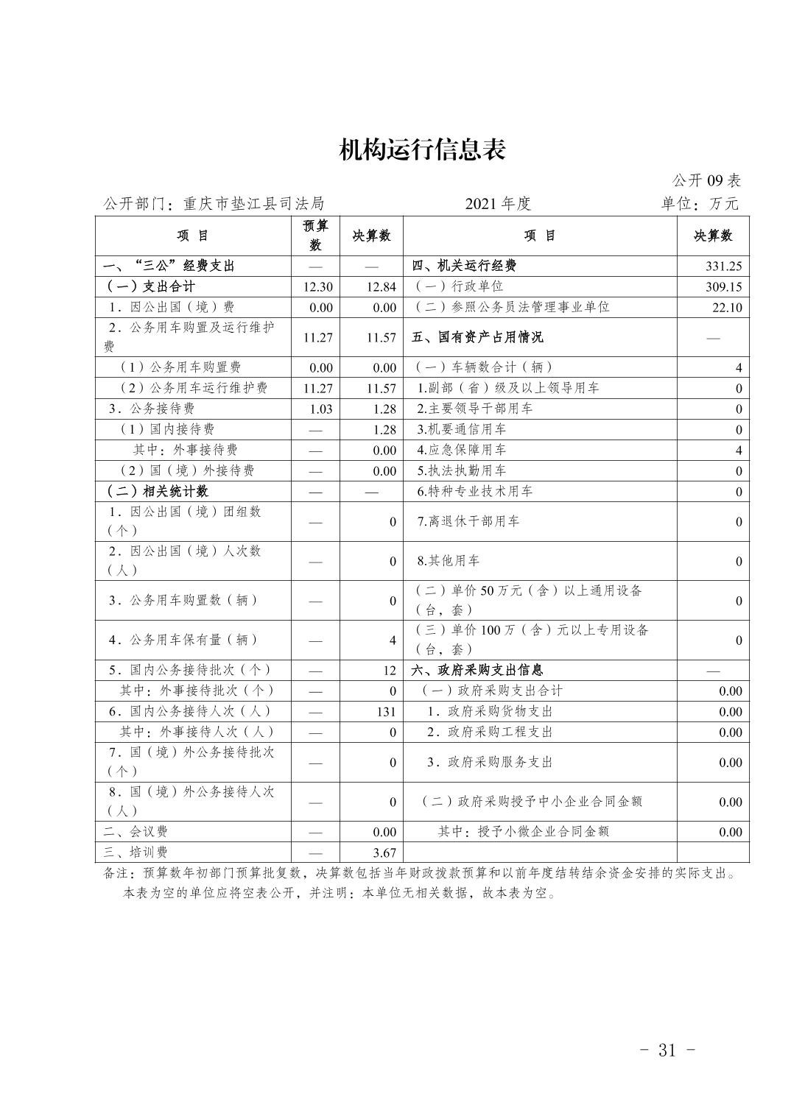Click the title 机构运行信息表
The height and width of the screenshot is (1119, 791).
[422, 149]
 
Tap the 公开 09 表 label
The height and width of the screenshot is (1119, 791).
[706, 180]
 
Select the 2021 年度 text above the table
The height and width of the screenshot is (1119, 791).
[498, 204]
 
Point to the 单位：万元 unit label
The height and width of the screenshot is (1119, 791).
[699, 204]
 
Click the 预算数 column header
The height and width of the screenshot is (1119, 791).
[316, 235]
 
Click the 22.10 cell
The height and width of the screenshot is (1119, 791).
[727, 308]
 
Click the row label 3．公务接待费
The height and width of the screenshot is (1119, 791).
[151, 409]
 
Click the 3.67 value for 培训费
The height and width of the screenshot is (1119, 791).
[384, 853]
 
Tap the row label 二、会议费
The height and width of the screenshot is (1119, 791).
[136, 831]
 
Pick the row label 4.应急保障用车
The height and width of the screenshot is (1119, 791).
[461, 450]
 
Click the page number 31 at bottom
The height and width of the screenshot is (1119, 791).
[667, 1050]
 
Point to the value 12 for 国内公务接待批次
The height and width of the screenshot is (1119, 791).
[390, 670]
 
